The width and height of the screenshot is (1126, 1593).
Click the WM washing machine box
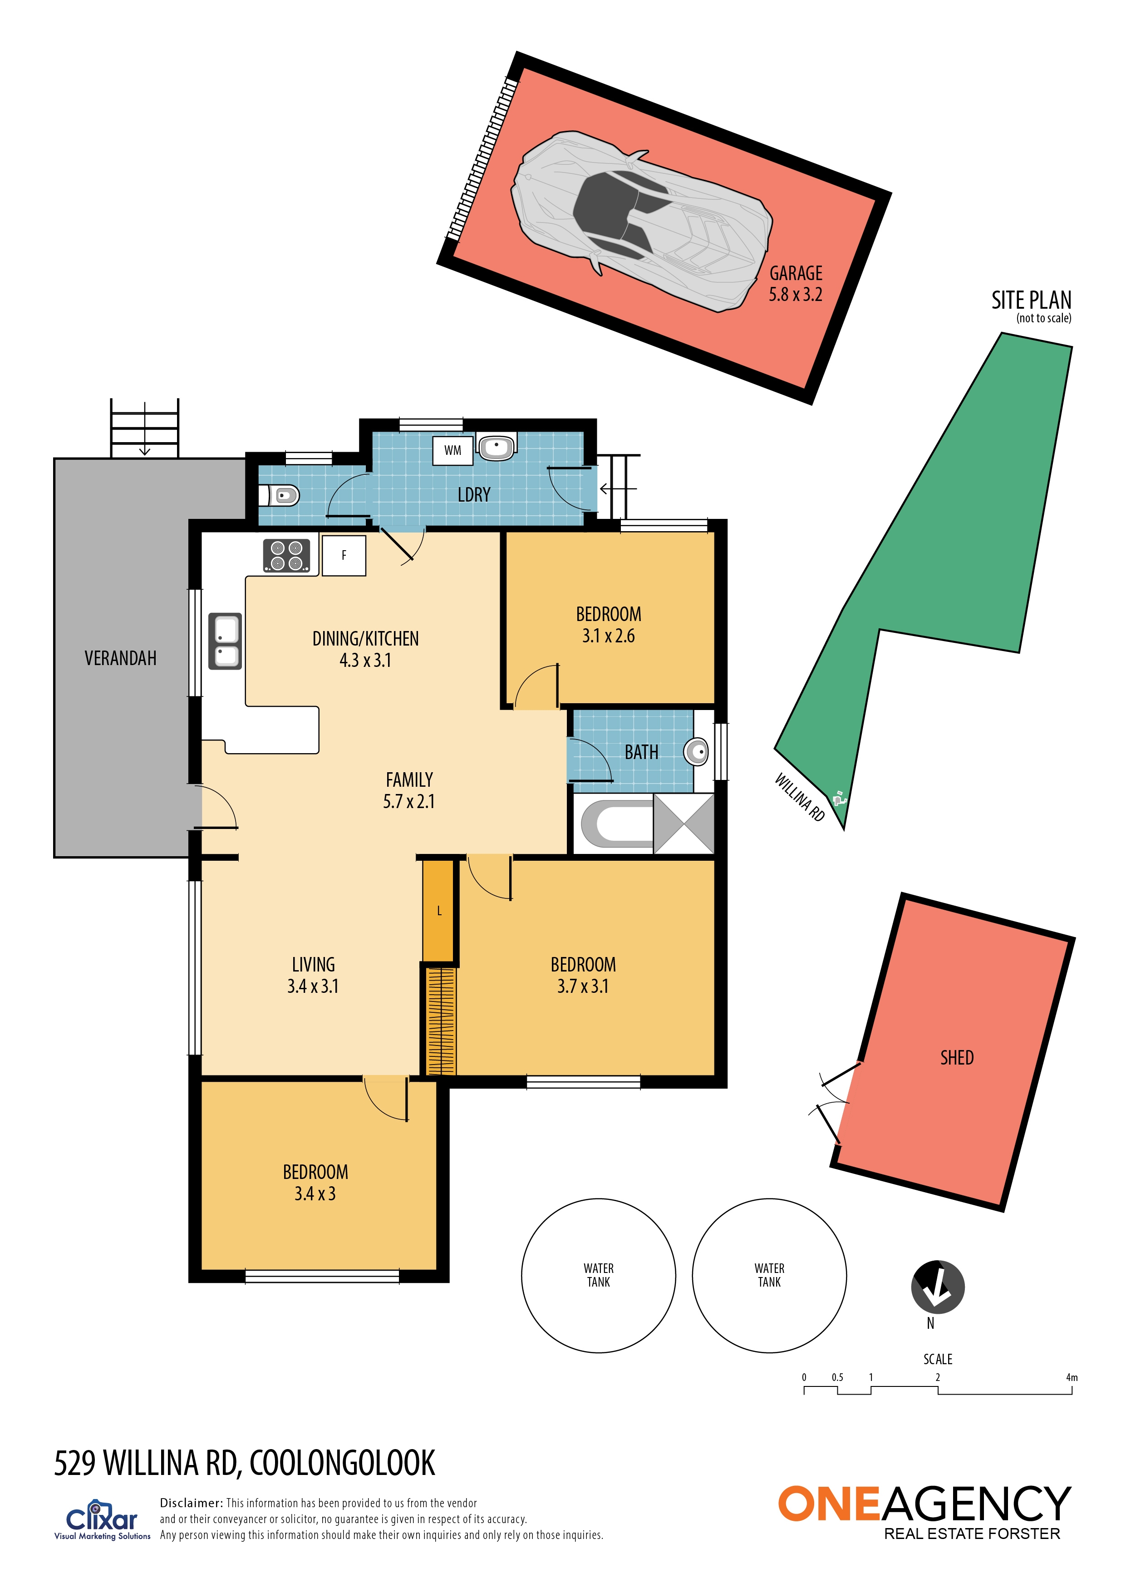coord(452,450)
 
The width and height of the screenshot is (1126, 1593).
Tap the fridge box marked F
coord(344,555)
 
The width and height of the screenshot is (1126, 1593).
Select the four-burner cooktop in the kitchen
coord(286,556)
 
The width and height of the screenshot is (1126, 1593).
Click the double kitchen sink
coord(226,641)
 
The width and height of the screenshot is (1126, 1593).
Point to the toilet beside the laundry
coord(279,495)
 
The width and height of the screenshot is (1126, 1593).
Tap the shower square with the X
coord(684,824)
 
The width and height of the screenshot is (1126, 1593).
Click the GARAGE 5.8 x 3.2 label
coord(795,284)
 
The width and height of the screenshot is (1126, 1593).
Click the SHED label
coord(957,1057)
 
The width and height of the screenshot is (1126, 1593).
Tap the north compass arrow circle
coord(937,1287)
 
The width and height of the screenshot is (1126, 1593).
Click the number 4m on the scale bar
coord(1071,1377)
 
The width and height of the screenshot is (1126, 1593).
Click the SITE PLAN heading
coord(1031,301)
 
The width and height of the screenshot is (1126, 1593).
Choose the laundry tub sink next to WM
coord(496,448)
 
